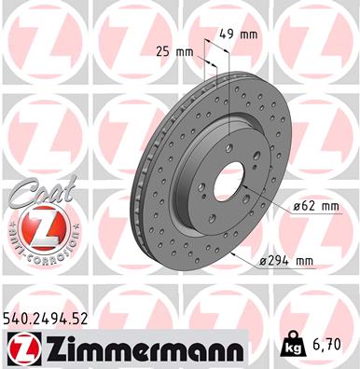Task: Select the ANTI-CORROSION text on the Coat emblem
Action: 38,250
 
